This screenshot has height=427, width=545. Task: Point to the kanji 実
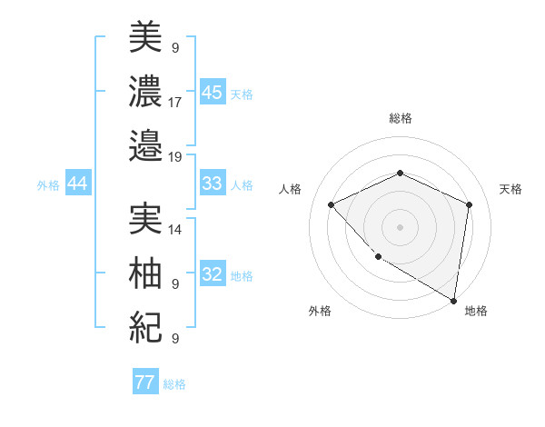point(145,218)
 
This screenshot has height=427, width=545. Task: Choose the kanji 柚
point(145,273)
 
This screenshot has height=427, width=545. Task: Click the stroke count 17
point(175,102)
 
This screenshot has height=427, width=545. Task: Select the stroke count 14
point(175,230)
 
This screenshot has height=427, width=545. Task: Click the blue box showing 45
point(212,93)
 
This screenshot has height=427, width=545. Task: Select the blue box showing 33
point(212,184)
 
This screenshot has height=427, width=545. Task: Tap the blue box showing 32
point(212,275)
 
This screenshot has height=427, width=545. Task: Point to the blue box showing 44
point(77,184)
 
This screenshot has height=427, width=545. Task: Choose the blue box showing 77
point(144,382)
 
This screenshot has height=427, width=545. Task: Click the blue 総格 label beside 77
point(174,384)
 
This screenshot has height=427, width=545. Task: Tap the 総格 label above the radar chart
point(400,118)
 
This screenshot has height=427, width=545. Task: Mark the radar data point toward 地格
point(453,300)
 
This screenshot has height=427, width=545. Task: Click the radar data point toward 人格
point(332,204)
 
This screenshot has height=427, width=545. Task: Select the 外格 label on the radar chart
point(320,311)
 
